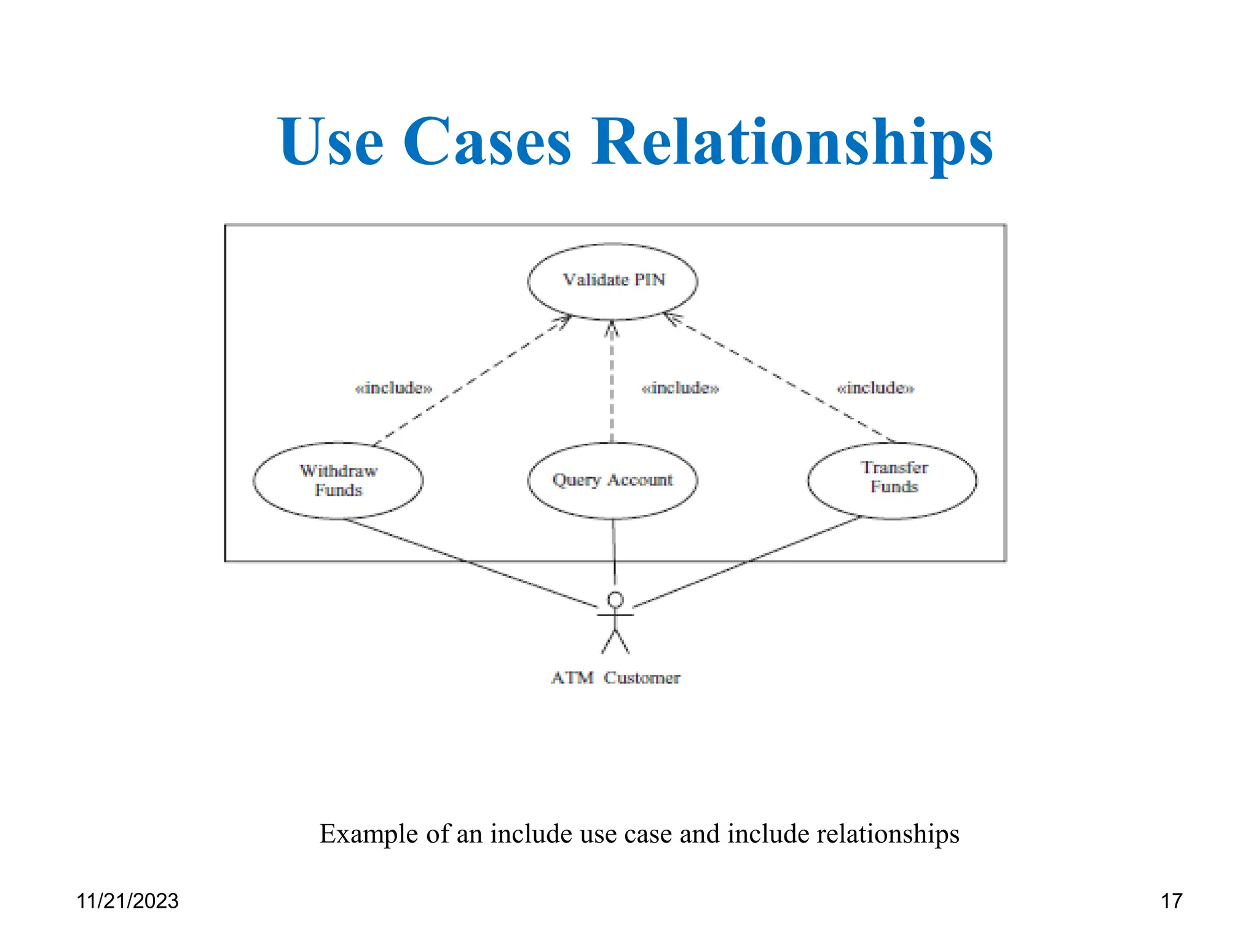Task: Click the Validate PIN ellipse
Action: (x=612, y=281)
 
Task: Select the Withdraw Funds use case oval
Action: (x=338, y=480)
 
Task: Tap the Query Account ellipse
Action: (x=612, y=480)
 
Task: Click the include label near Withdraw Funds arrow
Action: (x=393, y=388)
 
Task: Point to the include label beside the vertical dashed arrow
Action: (x=680, y=388)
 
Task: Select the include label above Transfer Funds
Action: (x=875, y=388)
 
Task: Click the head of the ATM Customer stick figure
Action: (x=615, y=599)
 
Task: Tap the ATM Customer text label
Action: (x=615, y=678)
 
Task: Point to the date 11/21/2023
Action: (x=127, y=901)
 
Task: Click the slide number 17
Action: (x=1171, y=901)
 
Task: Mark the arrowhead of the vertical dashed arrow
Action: (x=611, y=329)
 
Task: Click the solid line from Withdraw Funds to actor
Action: (x=467, y=562)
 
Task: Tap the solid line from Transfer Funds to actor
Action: (x=750, y=560)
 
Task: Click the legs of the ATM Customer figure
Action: (x=615, y=642)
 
